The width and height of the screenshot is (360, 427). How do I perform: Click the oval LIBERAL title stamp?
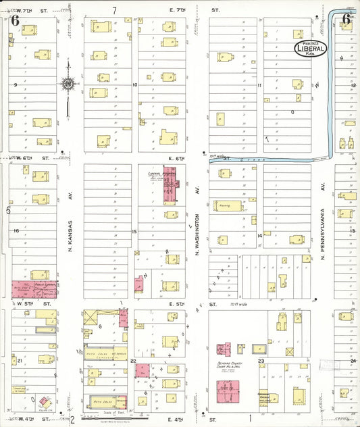click(x=311, y=48)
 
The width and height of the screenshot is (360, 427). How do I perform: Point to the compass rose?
click(x=68, y=84)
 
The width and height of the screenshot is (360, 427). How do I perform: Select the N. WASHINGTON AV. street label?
click(x=198, y=230)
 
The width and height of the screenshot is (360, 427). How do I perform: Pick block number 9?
click(x=15, y=85)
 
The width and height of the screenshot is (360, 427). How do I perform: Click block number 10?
click(x=135, y=85)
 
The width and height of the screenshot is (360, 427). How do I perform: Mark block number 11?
click(x=259, y=86)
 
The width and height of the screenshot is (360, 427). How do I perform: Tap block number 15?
click(x=134, y=232)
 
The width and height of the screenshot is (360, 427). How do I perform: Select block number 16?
click(x=15, y=231)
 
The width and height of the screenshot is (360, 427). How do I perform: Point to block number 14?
click(x=259, y=235)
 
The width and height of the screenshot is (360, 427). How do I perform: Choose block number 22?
click(x=134, y=361)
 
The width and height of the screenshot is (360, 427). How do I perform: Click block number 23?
click(x=260, y=362)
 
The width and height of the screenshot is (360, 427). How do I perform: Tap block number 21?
click(x=20, y=361)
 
